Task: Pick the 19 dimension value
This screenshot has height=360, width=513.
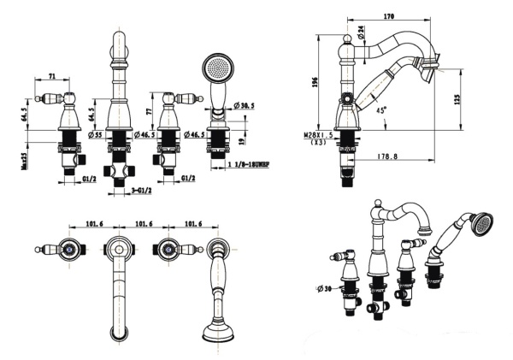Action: coord(244,140)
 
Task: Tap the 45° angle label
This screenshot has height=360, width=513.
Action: coord(380,110)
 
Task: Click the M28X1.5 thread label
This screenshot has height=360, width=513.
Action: coord(318,135)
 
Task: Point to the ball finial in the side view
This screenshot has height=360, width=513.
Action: coord(347,39)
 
